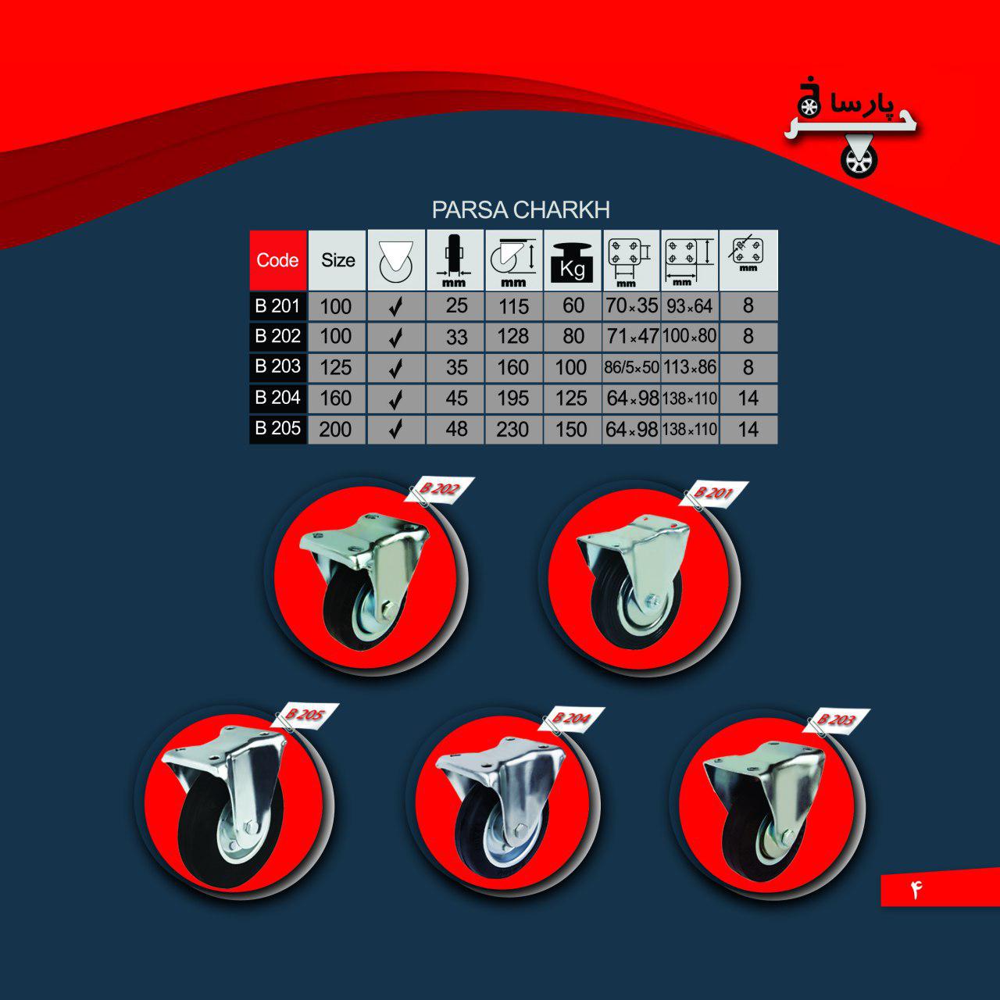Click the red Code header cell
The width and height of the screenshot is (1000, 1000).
[277, 260]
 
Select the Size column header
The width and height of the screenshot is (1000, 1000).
[337, 260]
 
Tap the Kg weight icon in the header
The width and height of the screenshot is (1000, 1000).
[573, 262]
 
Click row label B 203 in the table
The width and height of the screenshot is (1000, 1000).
[277, 366]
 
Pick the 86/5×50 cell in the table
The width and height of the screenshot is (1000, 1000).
[631, 367]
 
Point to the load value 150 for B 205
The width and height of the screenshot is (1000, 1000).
[571, 429]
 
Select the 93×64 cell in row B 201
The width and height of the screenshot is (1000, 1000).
[690, 306]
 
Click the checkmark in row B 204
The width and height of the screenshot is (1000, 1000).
[395, 398]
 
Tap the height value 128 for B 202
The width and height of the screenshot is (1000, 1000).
[512, 336]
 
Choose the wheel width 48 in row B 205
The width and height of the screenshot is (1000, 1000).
[456, 429]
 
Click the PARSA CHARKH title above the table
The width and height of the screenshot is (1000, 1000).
[520, 209]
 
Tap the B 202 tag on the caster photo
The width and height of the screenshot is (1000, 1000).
[439, 489]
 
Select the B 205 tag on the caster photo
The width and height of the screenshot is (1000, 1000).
[305, 715]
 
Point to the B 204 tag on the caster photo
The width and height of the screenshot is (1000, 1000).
[571, 719]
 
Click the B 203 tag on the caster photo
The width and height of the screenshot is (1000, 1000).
[836, 720]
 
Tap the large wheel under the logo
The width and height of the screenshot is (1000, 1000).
[859, 162]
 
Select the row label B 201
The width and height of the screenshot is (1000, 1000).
[277, 305]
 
